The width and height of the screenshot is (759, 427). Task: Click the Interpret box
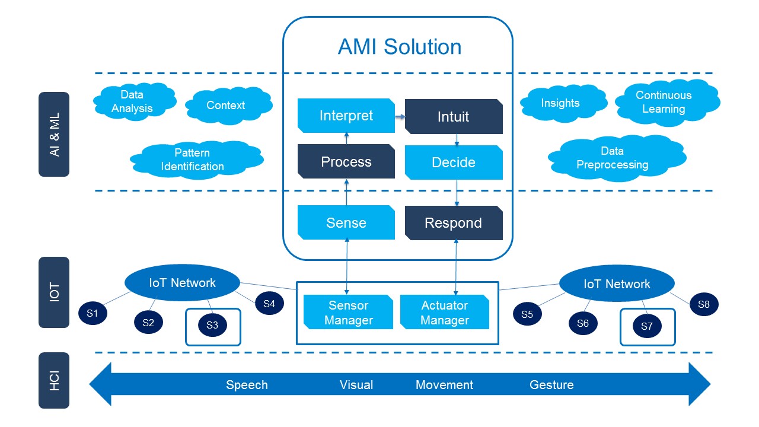[x=346, y=116]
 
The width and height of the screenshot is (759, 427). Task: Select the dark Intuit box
[x=454, y=117]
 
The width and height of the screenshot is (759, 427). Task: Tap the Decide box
[x=454, y=162]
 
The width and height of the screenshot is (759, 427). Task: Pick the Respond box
[x=454, y=223]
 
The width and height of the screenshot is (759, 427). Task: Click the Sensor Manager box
[x=348, y=312]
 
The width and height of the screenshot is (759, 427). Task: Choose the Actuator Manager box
[x=445, y=312]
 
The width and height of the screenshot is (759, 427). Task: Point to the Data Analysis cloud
[x=135, y=101]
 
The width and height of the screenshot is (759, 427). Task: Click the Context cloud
[x=229, y=106]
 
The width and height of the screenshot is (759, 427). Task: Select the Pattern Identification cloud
[x=196, y=160]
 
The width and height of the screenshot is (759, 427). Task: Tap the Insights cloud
[x=563, y=103]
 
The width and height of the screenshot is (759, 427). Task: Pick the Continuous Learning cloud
[x=667, y=103]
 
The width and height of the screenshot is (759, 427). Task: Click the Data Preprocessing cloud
[x=617, y=158]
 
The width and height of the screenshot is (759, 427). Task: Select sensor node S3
[x=212, y=326]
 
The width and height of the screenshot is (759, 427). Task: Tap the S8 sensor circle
[x=704, y=304]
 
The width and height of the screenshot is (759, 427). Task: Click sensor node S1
[x=93, y=313]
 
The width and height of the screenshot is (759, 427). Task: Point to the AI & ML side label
[x=54, y=134]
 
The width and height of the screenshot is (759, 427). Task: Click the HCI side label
[x=54, y=381]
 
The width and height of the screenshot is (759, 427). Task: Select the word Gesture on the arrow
[x=551, y=385]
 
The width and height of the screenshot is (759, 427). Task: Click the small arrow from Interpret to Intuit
[x=400, y=117]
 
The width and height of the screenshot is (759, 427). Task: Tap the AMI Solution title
[x=400, y=46]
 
